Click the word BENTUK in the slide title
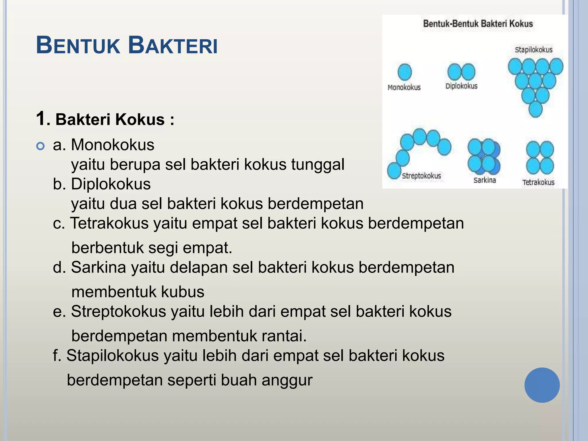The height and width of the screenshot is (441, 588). [x=78, y=46]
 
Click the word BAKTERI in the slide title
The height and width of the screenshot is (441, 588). [x=173, y=46]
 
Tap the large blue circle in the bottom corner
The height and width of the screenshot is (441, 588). [x=542, y=385]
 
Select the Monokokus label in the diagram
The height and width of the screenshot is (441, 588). [x=404, y=87]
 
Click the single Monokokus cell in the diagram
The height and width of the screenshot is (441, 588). [x=405, y=72]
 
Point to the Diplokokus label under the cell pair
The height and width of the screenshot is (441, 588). [x=461, y=86]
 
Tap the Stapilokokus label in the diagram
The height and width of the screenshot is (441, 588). [x=533, y=50]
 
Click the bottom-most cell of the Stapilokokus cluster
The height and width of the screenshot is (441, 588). [x=535, y=109]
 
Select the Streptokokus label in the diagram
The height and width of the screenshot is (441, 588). [x=421, y=176]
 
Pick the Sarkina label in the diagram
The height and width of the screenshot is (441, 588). [x=485, y=180]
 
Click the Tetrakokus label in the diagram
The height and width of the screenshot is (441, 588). [x=538, y=182]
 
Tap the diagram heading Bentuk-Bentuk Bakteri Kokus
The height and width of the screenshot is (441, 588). [x=478, y=24]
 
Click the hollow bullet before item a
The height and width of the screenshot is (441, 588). [x=41, y=146]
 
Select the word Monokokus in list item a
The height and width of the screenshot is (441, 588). [x=113, y=144]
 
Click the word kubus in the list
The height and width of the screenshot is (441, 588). [x=183, y=292]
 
